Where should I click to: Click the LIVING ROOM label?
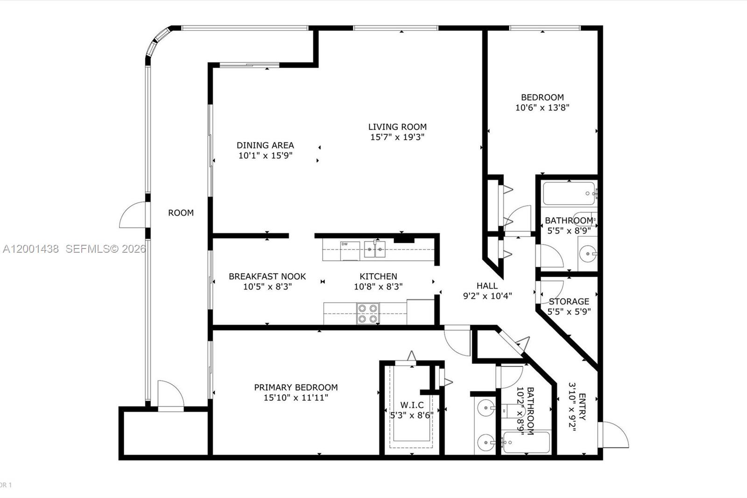(397, 127)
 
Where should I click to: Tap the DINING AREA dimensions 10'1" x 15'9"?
(265, 156)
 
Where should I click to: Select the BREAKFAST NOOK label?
(267, 276)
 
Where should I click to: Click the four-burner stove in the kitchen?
(367, 313)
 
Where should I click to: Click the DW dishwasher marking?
(345, 244)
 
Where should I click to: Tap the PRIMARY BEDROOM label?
(296, 387)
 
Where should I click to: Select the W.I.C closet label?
(412, 405)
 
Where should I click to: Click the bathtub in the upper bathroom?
(569, 193)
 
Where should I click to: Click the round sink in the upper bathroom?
(587, 255)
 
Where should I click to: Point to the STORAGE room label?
(569, 301)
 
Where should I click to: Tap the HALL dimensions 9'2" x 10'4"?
(487, 296)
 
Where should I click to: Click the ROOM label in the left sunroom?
(181, 213)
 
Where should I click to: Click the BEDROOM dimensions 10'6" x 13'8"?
(542, 107)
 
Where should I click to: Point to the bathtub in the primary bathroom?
(526, 443)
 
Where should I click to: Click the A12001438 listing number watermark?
(31, 249)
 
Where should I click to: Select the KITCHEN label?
(378, 276)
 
